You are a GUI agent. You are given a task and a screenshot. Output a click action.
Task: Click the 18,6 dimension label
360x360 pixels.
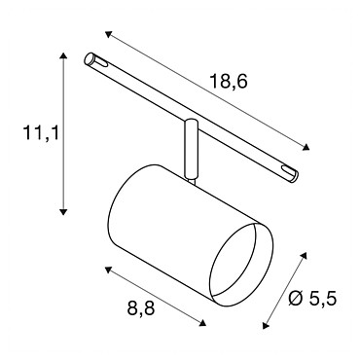[x=229, y=82]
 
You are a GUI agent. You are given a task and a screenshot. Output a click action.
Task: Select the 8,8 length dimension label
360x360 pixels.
[x=141, y=307]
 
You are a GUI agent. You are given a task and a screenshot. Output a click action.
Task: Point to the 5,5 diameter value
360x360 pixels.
[x=322, y=298]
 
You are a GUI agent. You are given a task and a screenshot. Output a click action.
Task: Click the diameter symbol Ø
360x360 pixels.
[x=295, y=298]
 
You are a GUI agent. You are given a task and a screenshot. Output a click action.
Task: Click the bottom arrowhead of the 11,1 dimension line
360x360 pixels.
[x=63, y=212]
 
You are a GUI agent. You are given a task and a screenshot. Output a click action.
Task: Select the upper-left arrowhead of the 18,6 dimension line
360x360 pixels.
[x=108, y=34]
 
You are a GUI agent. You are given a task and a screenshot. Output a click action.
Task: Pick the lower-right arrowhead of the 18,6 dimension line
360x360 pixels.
[x=306, y=147]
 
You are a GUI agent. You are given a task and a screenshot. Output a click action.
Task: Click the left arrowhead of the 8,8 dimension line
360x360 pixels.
[x=108, y=270]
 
